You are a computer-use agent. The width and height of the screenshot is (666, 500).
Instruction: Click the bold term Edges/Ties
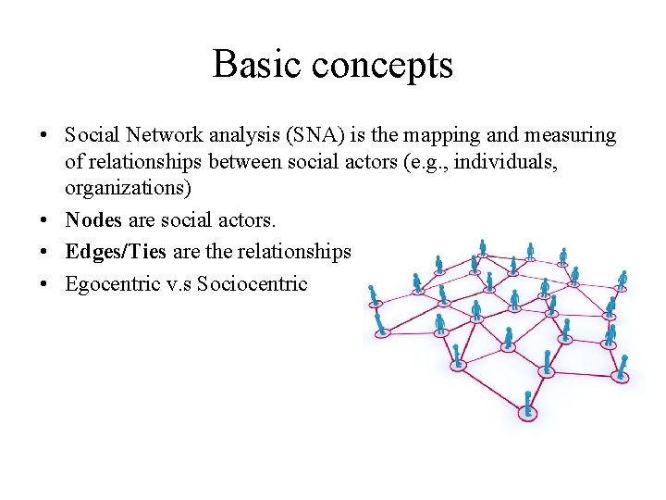tap(115, 252)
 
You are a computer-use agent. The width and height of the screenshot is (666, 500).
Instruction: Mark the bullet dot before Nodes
tap(44, 221)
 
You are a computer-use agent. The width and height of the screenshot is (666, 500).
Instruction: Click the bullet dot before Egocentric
tap(44, 284)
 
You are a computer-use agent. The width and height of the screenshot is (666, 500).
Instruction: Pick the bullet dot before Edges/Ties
tap(44, 253)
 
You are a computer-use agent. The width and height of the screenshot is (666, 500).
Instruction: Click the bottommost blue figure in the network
tap(528, 405)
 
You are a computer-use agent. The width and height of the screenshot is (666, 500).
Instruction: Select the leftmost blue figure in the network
tap(373, 294)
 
